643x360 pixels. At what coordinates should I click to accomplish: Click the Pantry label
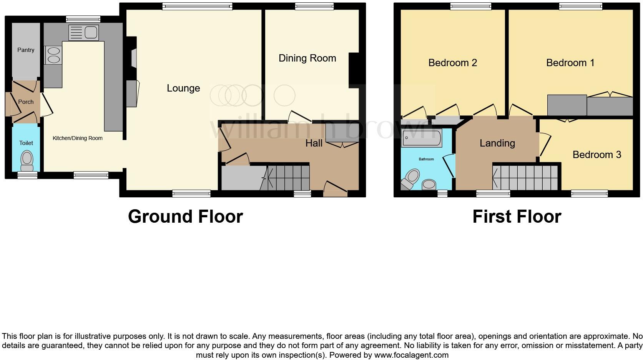click(26, 50)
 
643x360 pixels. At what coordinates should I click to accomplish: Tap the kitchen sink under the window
click(83, 32)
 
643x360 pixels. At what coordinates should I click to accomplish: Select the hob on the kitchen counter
click(53, 55)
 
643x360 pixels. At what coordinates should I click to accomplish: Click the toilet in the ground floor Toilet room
click(27, 160)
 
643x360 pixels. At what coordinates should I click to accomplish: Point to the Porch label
click(26, 102)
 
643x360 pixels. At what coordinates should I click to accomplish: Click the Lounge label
click(183, 88)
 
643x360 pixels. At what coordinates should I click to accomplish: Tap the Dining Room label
click(307, 58)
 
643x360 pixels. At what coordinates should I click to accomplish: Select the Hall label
click(314, 143)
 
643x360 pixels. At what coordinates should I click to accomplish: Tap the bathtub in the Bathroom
click(421, 138)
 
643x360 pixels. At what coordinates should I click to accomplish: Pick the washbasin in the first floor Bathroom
click(429, 185)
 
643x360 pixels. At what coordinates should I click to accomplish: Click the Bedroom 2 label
click(452, 63)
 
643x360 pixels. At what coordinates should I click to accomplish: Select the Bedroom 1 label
click(570, 63)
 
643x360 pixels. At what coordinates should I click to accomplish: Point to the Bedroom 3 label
click(596, 155)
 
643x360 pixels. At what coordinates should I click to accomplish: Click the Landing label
click(497, 143)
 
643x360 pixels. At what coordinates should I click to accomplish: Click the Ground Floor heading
click(185, 217)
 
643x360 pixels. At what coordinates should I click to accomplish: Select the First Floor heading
click(517, 217)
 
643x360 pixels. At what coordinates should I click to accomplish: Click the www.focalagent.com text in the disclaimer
click(411, 355)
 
